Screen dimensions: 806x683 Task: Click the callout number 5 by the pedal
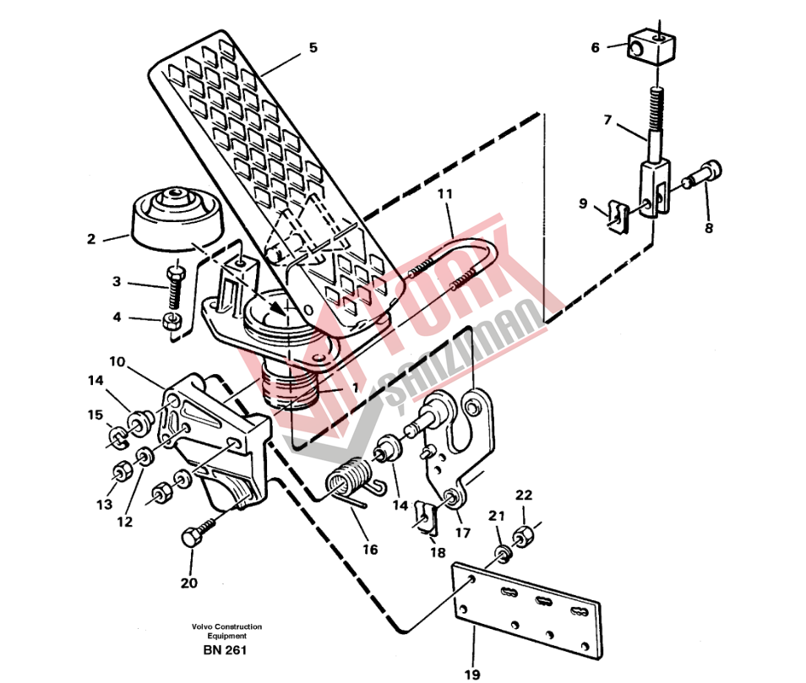pyautogui.click(x=313, y=48)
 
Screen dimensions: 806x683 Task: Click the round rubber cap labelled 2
pyautogui.click(x=177, y=219)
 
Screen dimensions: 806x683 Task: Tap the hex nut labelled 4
pyautogui.click(x=172, y=322)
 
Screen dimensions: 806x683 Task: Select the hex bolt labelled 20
pyautogui.click(x=200, y=533)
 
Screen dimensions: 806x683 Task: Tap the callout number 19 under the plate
pyautogui.click(x=472, y=673)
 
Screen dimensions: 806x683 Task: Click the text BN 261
pyautogui.click(x=225, y=649)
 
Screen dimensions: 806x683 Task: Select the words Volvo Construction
pyautogui.click(x=226, y=626)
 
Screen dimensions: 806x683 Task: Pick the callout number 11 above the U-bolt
pyautogui.click(x=445, y=194)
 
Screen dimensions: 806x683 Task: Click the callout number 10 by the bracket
pyautogui.click(x=117, y=361)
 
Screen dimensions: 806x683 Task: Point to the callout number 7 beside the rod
pyautogui.click(x=607, y=120)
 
